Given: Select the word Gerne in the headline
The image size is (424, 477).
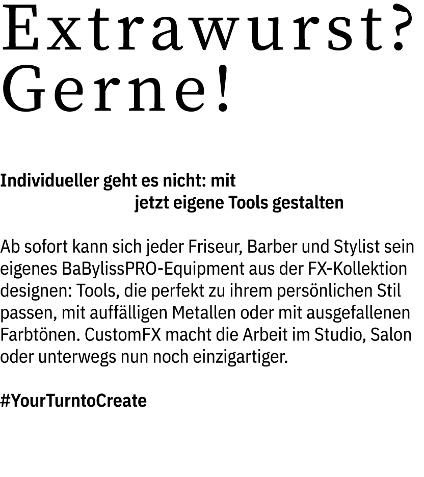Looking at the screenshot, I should [x=99, y=92].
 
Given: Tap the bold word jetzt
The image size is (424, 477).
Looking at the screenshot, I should [x=151, y=203].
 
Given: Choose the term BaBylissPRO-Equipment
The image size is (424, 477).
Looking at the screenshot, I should [x=146, y=270].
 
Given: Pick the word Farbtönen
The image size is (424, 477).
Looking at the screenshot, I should [x=40, y=335].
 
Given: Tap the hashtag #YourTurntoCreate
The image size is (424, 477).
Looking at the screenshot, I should [x=73, y=401].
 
